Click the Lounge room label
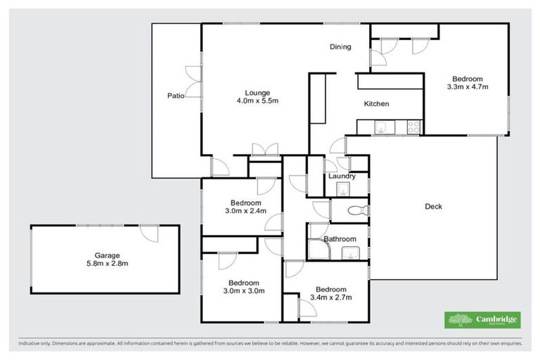click(x=257, y=93)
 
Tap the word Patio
click(x=176, y=96)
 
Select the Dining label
click(x=340, y=47)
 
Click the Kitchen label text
click(x=376, y=104)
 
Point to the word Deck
click(x=434, y=206)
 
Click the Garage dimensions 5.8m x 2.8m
click(x=108, y=264)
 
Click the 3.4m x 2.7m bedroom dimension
click(x=330, y=297)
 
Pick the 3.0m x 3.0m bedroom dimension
click(x=243, y=290)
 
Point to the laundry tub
click(x=342, y=188)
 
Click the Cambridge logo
click(x=483, y=320)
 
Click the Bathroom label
click(x=340, y=239)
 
